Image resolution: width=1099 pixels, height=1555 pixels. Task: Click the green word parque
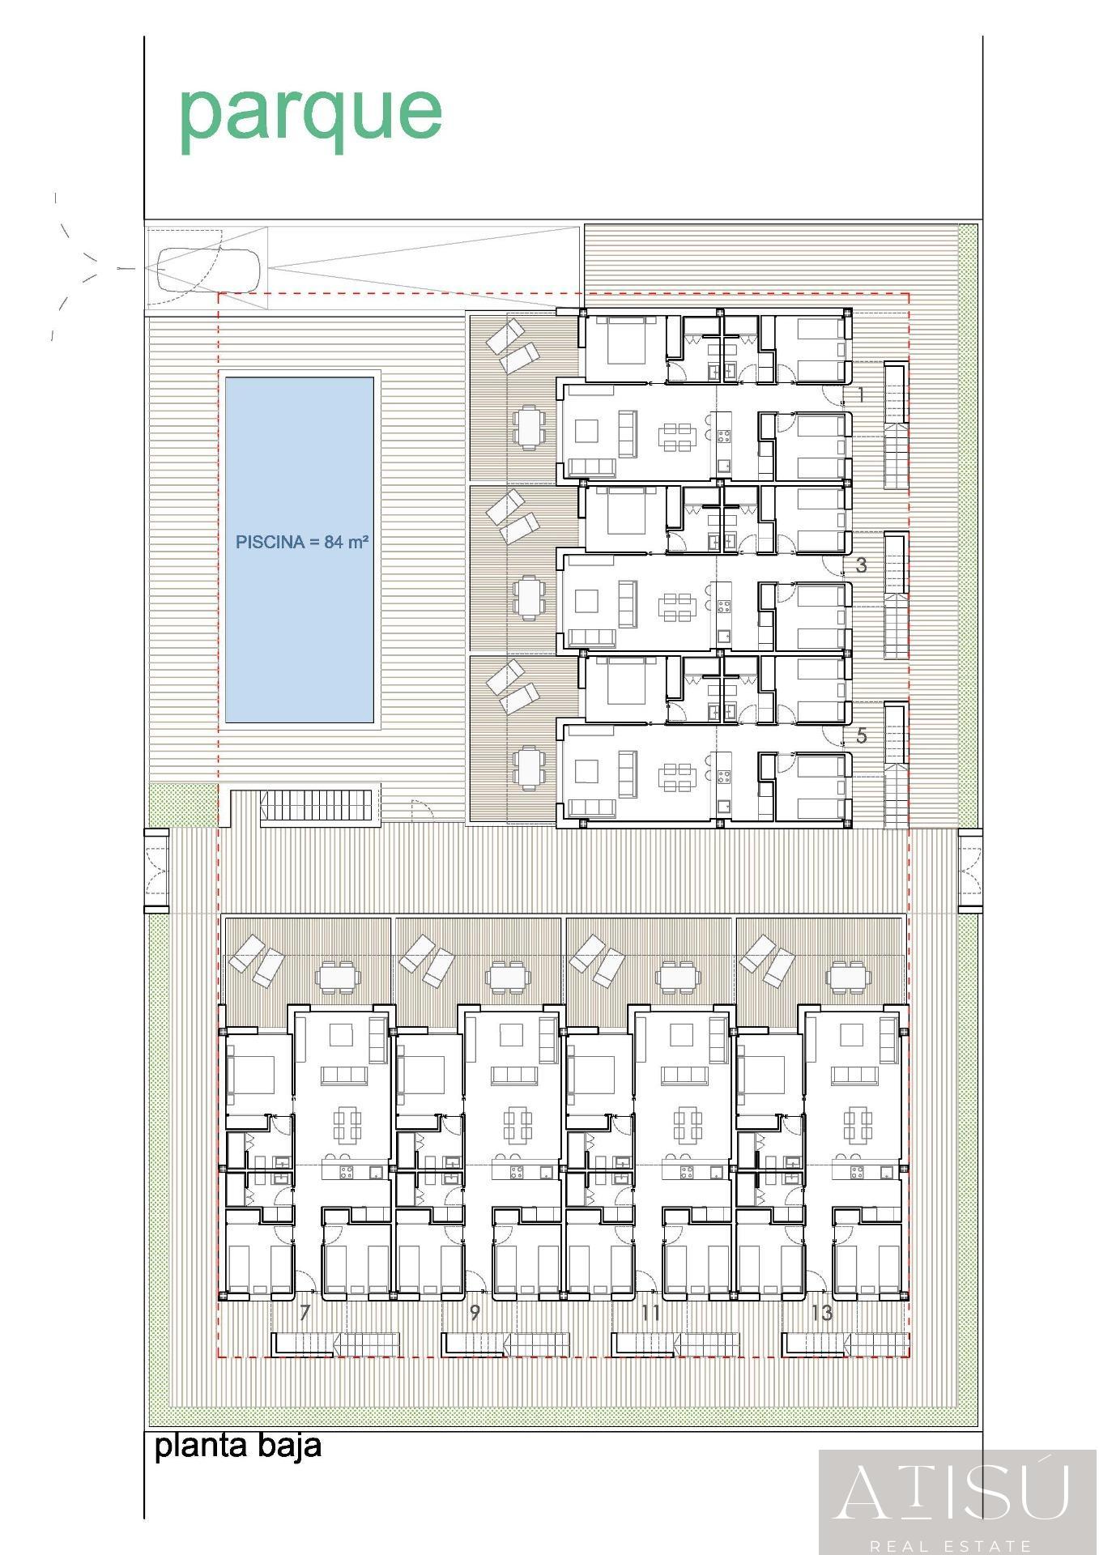[310, 115]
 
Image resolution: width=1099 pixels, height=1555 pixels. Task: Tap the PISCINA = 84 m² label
[301, 542]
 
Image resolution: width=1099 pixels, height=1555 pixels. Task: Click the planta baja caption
[238, 1445]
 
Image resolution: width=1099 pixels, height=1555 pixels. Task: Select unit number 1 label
[861, 395]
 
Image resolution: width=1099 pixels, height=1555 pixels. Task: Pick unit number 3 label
[861, 565]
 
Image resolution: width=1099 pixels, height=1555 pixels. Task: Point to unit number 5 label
[861, 735]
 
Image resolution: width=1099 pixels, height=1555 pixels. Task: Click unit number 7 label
[305, 1313]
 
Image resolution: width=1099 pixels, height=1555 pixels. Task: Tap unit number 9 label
[475, 1313]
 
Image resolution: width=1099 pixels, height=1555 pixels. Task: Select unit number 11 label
[650, 1313]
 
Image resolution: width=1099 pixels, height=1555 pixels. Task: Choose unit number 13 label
[821, 1313]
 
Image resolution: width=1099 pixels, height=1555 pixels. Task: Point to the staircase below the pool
[317, 807]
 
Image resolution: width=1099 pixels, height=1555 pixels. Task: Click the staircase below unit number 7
[336, 1344]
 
